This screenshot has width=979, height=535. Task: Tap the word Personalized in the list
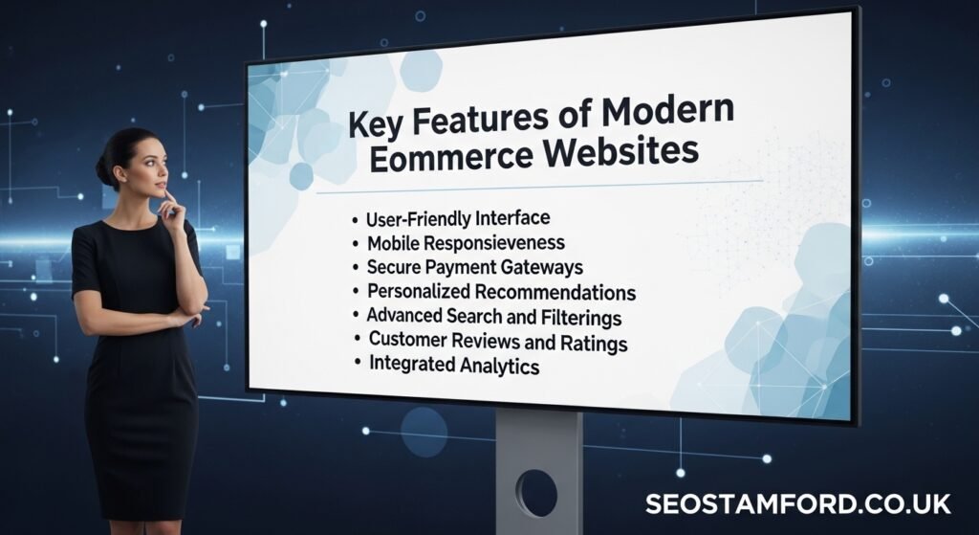pos(420,291)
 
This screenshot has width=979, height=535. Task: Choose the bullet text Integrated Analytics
pos(454,365)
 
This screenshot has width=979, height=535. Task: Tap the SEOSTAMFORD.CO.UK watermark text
pos(797,503)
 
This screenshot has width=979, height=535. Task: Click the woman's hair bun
pos(102,171)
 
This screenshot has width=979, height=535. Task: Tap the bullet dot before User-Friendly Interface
pos(356,220)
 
